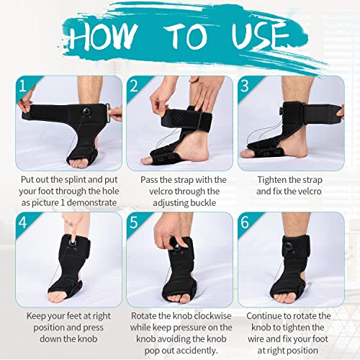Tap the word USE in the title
click(256, 37)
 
